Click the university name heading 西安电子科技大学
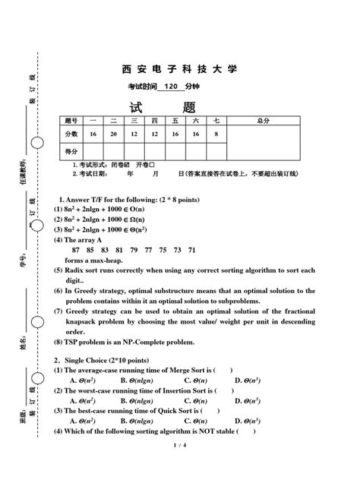pos(179,69)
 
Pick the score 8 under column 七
pos(216,134)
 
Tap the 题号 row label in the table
pos(71,121)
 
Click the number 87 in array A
pos(76,250)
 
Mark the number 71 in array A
pos(192,250)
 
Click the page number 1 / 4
pos(178,466)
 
